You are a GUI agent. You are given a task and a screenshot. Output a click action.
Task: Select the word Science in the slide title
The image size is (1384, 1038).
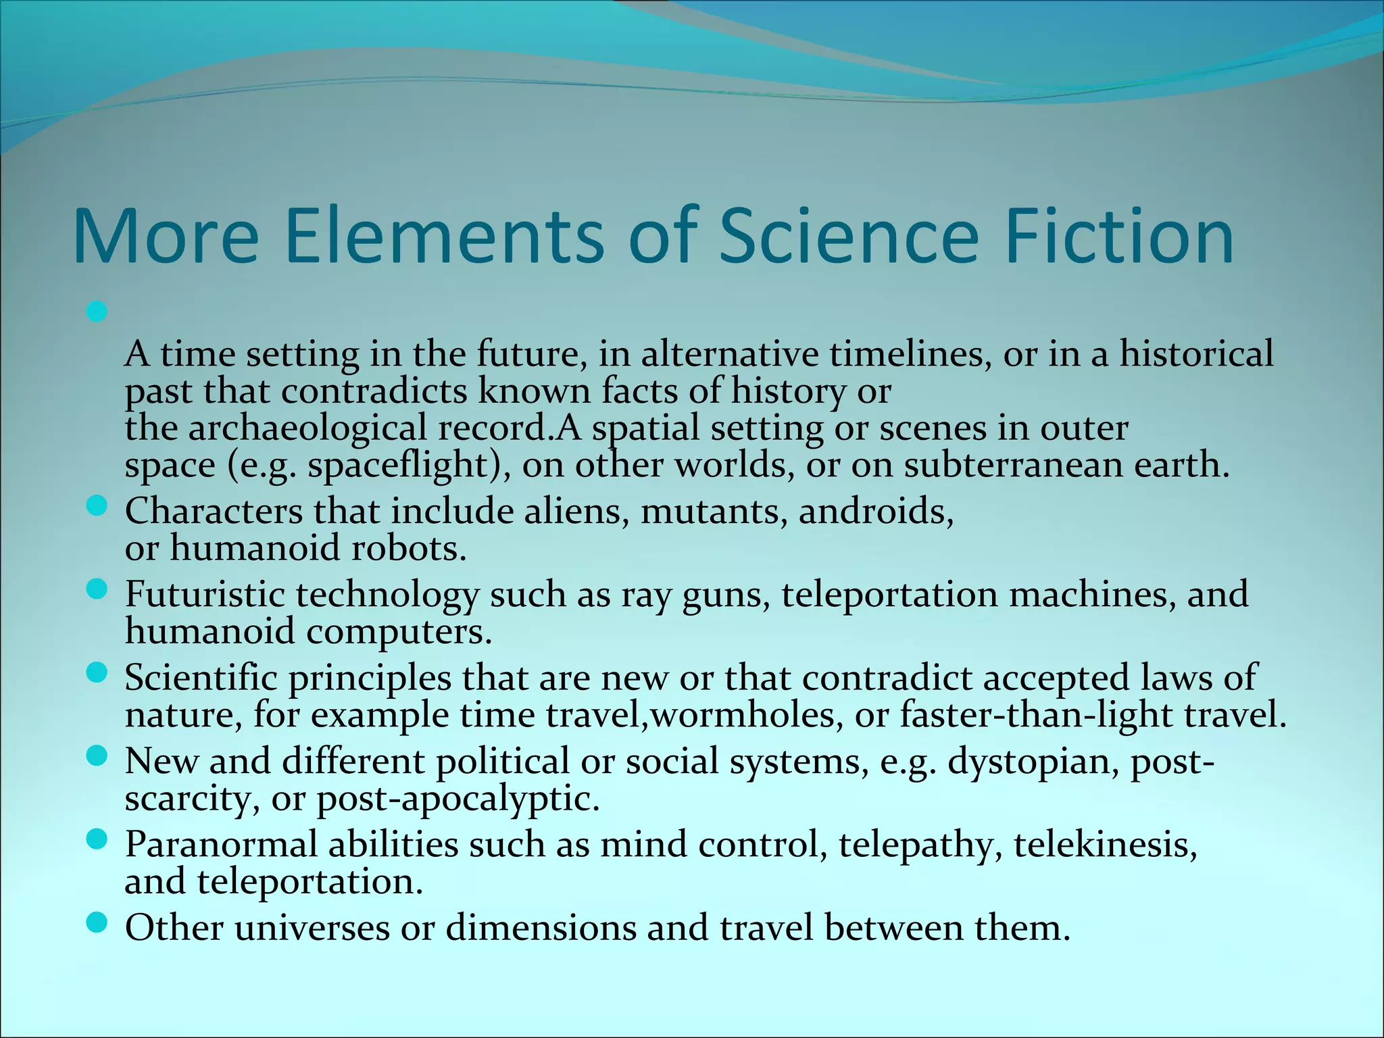click(x=848, y=237)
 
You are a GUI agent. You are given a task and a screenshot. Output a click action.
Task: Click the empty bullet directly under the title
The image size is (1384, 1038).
click(x=97, y=312)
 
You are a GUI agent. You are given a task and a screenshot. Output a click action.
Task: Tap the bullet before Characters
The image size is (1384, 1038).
click(x=97, y=506)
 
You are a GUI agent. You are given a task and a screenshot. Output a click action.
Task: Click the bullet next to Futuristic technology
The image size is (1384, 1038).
click(x=97, y=590)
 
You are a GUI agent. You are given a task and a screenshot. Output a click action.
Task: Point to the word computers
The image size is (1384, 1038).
click(x=399, y=633)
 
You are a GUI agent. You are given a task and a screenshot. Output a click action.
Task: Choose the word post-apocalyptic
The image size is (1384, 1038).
click(x=458, y=799)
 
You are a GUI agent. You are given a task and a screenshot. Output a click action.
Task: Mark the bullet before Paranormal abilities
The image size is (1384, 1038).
click(x=97, y=840)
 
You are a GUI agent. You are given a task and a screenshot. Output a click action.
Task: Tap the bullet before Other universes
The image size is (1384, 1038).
click(x=97, y=922)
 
